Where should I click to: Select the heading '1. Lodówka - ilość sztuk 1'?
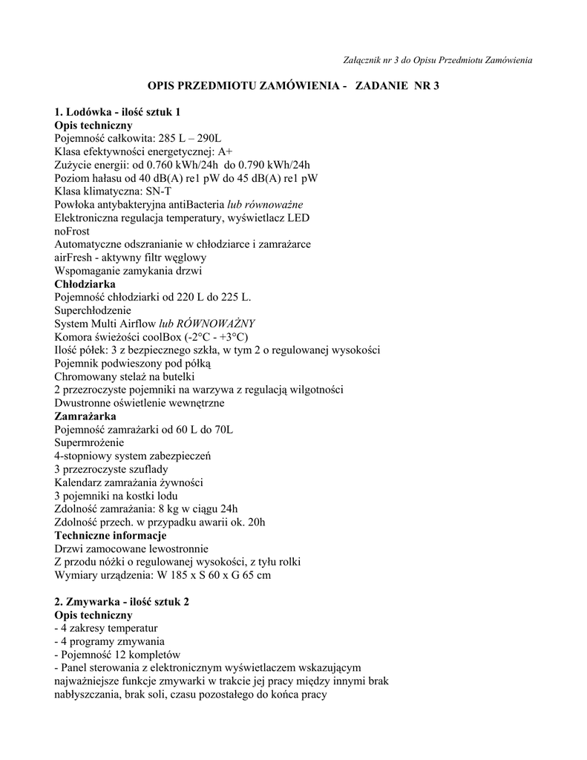click(x=118, y=112)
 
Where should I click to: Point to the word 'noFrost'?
click(x=72, y=231)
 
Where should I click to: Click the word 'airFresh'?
click(x=73, y=258)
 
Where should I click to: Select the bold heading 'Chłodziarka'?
click(x=85, y=284)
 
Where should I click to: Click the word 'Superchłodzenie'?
click(x=93, y=310)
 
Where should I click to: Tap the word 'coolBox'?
click(x=164, y=337)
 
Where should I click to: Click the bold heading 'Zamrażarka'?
click(x=85, y=416)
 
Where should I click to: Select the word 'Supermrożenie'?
click(x=90, y=442)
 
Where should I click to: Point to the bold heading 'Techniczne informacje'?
click(x=111, y=535)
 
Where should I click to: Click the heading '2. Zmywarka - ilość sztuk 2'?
click(x=122, y=602)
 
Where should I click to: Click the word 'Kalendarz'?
click(x=79, y=482)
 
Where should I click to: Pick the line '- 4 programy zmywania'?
click(x=110, y=641)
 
